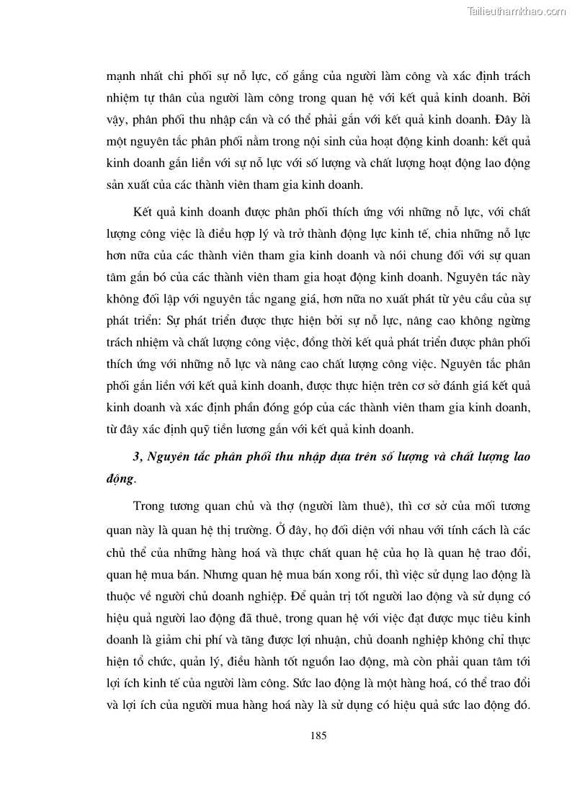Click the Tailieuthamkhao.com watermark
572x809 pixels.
coord(517,11)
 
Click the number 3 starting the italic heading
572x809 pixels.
coord(137,458)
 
